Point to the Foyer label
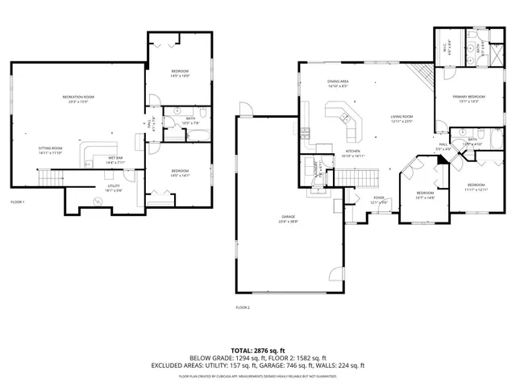(379, 198)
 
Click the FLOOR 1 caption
(18, 202)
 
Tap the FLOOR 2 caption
(243, 307)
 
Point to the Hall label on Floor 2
(443, 146)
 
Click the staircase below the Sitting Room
(50, 177)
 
